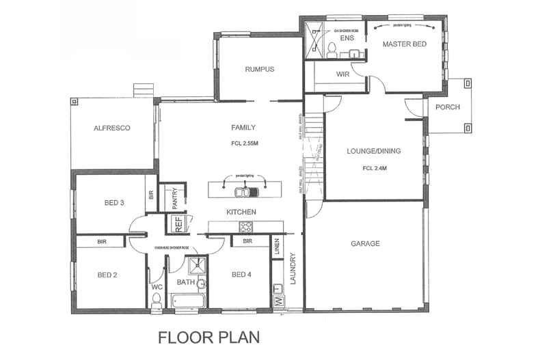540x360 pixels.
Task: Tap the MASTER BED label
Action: pyautogui.click(x=405, y=44)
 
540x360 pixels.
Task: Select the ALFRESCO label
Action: pyautogui.click(x=112, y=128)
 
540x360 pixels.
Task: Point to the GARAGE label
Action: pyautogui.click(x=365, y=243)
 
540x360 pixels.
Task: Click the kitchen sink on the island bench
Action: pyautogui.click(x=243, y=191)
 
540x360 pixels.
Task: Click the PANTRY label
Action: pyautogui.click(x=175, y=197)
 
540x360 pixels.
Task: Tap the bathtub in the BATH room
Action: pyautogui.click(x=187, y=300)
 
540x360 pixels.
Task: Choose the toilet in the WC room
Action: pyautogui.click(x=157, y=301)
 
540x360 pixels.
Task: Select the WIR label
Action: pyautogui.click(x=343, y=74)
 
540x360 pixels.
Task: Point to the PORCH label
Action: pyautogui.click(x=447, y=107)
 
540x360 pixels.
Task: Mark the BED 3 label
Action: pyautogui.click(x=114, y=202)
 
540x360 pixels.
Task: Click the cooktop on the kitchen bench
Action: pyautogui.click(x=245, y=226)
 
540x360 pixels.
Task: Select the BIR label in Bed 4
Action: pyautogui.click(x=247, y=241)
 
